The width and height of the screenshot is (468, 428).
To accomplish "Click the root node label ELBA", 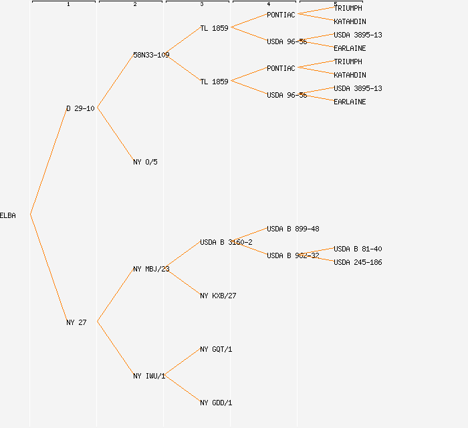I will pos(8,215).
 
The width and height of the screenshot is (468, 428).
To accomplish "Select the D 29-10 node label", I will pos(80,108).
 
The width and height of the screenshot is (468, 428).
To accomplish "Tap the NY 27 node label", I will pos(76,322).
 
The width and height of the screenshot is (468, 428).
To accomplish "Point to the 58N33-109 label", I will pos(151,55).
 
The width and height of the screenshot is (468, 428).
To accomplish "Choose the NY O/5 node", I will pos(145,162).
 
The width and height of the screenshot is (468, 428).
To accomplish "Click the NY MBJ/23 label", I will pos(151,269).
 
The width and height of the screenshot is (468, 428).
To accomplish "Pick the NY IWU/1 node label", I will pos(149,376).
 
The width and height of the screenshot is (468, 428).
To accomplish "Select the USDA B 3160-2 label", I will pos(226,242).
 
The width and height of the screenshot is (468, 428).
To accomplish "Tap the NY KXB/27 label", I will pos(218,296).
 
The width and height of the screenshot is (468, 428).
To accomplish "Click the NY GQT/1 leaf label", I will pos(216,349).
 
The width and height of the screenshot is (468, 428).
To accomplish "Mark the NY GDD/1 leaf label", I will pos(216,403).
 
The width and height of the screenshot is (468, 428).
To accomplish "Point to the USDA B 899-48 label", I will pos(293,229).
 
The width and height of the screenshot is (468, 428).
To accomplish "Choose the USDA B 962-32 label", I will pos(293,255).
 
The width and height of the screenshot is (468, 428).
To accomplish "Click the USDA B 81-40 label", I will pos(358,249).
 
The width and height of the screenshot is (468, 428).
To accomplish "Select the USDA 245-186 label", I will pos(358,262).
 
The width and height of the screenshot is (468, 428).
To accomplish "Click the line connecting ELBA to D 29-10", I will pos(48,161).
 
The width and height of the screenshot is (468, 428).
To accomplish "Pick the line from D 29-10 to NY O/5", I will pos(115,135).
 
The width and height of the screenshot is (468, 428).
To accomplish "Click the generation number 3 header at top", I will pos(202,5).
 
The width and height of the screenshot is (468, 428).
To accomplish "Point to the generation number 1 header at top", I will pos(68,5).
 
